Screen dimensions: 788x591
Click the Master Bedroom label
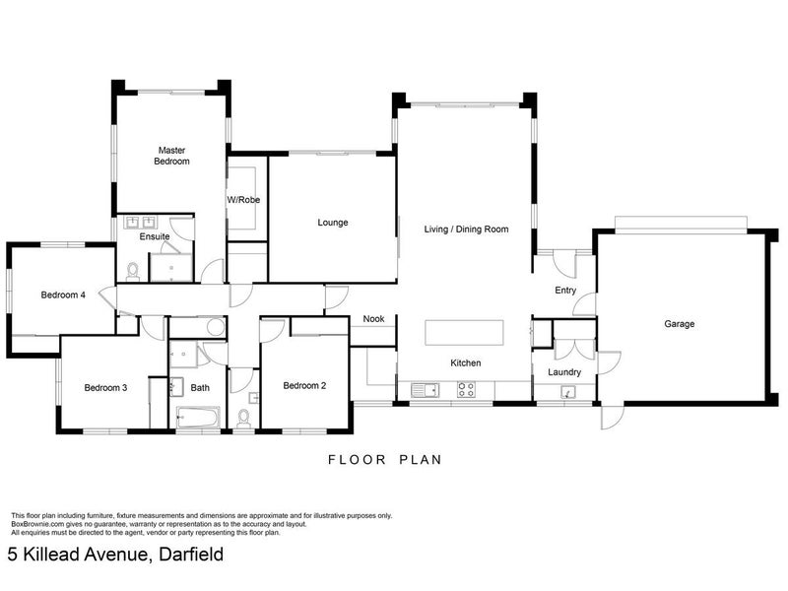point(171,156)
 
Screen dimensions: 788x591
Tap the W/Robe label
point(243,200)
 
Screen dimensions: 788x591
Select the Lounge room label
point(333,223)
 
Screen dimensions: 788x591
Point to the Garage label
point(680,324)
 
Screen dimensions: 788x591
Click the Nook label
point(373,318)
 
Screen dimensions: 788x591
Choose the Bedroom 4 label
point(63,295)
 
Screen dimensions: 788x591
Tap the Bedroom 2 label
point(304,385)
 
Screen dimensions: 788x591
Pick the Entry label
point(565,291)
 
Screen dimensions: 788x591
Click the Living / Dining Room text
point(466,230)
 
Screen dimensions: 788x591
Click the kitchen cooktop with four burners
point(466,389)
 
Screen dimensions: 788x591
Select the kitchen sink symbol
point(426,390)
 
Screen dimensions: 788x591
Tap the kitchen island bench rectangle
point(464,333)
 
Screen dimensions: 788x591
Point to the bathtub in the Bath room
point(198,417)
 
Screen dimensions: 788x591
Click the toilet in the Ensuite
point(133,270)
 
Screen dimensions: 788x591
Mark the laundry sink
point(568,392)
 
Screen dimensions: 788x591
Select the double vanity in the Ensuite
point(141,222)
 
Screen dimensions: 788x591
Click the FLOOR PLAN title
point(385,459)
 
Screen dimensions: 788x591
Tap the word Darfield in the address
point(191,555)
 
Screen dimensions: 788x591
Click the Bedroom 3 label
point(105,387)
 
